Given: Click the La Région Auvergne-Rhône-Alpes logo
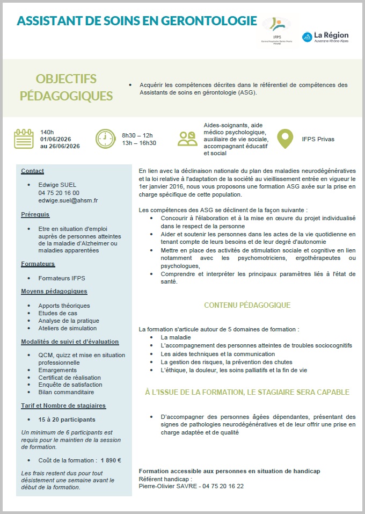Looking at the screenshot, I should (325, 37).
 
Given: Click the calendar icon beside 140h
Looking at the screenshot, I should (24, 139).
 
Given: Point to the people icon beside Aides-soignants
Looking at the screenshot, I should (187, 139).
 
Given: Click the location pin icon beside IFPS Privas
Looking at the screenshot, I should (285, 139).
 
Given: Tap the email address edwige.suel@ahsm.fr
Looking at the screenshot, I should (68, 200).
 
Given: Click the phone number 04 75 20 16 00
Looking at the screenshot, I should (59, 193).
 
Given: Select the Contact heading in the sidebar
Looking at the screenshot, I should (32, 171).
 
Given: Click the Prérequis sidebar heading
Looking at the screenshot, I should (35, 214).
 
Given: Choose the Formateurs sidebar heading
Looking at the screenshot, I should (38, 264).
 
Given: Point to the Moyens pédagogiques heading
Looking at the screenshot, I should (54, 291).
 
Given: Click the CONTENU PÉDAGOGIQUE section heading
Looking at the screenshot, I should (247, 305).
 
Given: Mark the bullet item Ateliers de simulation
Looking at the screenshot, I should (67, 328).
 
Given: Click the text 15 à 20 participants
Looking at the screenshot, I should (67, 419).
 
